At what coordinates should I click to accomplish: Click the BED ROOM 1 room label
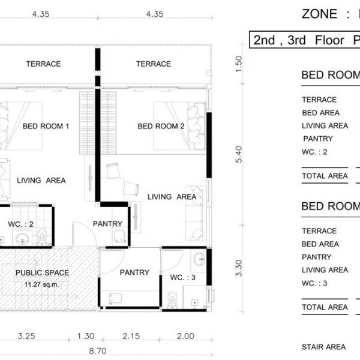pos(46,126)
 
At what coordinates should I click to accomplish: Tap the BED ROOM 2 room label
pos(161,126)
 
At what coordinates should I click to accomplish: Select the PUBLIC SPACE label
pos(42,273)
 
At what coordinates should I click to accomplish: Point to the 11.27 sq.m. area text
pos(41,284)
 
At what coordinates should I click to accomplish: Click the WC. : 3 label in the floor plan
pos(183,277)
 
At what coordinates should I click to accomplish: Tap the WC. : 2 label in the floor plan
pos(20,224)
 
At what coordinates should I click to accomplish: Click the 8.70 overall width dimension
pos(98,351)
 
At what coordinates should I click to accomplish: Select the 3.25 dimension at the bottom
pos(26,336)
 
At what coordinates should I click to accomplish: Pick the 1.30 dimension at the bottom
pos(86,336)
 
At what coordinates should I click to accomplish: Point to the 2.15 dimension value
pos(131,336)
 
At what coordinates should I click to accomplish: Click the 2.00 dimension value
pos(185,336)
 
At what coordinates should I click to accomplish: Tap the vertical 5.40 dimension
pos(239,154)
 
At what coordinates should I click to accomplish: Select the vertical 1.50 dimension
pos(239,64)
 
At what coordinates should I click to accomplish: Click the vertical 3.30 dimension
pos(239,268)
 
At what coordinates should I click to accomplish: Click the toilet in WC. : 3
pos(172,299)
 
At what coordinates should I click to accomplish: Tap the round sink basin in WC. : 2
pos(23,239)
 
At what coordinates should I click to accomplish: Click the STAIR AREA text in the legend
pos(324,347)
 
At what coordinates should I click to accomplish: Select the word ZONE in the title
pos(319,14)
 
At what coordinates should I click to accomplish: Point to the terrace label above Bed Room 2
pos(154,64)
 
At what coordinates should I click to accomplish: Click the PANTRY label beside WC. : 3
pos(134,272)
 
